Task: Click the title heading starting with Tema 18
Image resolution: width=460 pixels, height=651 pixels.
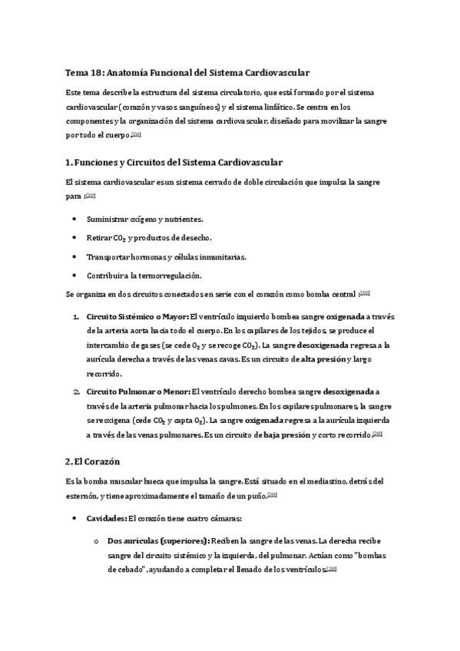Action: [187, 73]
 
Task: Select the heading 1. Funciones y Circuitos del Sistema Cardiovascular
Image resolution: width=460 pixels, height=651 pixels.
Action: [175, 163]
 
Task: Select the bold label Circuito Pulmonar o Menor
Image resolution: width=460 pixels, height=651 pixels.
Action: [137, 391]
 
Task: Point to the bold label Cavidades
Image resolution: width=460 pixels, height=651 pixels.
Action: [106, 518]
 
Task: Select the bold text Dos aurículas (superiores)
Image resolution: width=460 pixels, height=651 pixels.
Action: [157, 540]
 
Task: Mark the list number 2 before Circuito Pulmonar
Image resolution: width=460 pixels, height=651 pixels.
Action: [76, 391]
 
